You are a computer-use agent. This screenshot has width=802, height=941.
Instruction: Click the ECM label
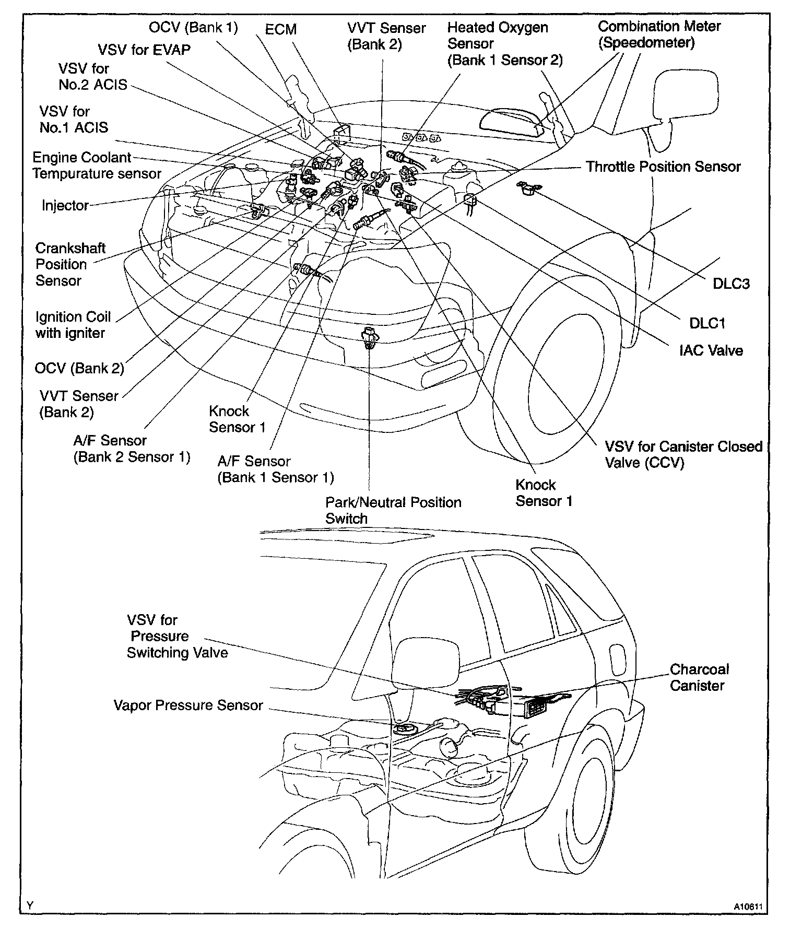pyautogui.click(x=281, y=30)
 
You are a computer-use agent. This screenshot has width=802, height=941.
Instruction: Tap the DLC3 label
pyautogui.click(x=731, y=284)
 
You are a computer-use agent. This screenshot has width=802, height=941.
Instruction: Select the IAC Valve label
pyautogui.click(x=711, y=350)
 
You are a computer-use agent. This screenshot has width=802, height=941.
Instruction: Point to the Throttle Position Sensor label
pyautogui.click(x=663, y=167)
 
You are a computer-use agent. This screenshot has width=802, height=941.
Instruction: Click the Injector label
pyautogui.click(x=65, y=205)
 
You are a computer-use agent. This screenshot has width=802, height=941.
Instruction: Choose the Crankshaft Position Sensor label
pyautogui.click(x=70, y=264)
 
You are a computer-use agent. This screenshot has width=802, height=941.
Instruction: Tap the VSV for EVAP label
pyautogui.click(x=144, y=50)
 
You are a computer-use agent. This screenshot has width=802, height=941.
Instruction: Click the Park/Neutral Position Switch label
pyautogui.click(x=393, y=510)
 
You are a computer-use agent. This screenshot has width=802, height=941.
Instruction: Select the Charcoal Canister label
pyautogui.click(x=699, y=677)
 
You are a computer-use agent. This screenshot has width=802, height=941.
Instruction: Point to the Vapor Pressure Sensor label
pyautogui.click(x=188, y=705)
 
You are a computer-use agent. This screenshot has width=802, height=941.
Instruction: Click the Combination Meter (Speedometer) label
pyautogui.click(x=659, y=34)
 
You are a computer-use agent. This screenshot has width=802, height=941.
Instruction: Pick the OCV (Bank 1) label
pyautogui.click(x=193, y=27)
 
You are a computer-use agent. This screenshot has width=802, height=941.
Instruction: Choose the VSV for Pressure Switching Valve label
pyautogui.click(x=177, y=636)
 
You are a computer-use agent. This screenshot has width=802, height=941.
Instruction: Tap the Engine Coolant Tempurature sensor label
pyautogui.click(x=97, y=166)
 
